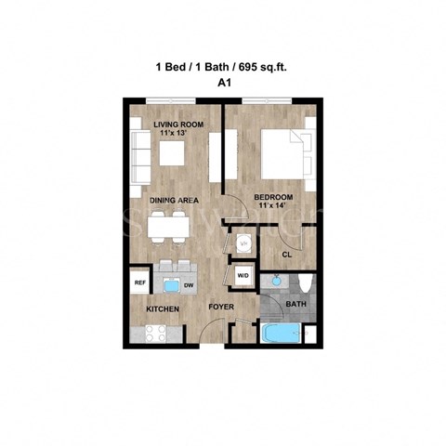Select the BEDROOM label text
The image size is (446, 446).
(274, 197)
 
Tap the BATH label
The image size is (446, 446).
(295, 304)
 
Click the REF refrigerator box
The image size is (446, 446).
(140, 282)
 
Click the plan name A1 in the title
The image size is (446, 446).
(223, 82)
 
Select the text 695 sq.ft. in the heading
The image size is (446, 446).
(267, 67)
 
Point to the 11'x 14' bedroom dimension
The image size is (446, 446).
(274, 208)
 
